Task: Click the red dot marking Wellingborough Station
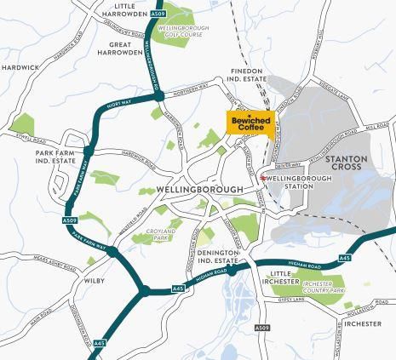tap(262, 177)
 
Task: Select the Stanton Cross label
tap(347, 163)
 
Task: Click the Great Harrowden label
tap(119, 47)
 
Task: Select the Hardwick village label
tap(20, 66)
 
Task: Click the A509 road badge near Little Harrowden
tap(158, 14)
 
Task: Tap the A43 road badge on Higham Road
tap(344, 256)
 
